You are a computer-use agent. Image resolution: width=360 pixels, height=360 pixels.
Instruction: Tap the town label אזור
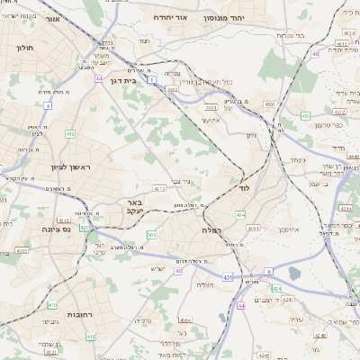click(x=52, y=18)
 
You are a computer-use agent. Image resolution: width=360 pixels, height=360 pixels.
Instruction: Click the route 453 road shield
click(x=306, y=115)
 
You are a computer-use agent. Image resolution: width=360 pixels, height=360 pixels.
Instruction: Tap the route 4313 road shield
click(x=159, y=189)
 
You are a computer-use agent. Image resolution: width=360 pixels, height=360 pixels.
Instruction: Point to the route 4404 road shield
click(x=185, y=319)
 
